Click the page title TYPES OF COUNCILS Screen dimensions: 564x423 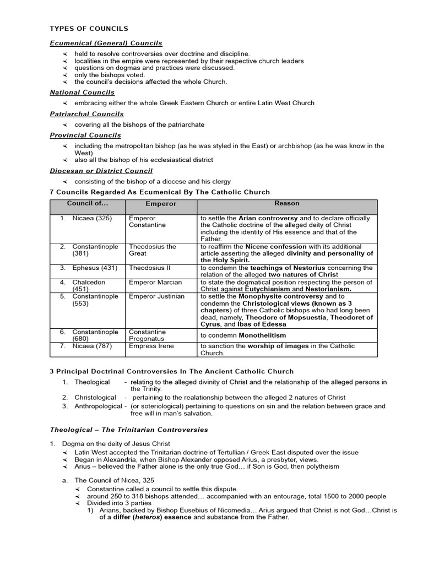point(89,29)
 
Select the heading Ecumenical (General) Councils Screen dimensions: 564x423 point(106,43)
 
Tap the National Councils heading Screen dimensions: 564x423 point(82,93)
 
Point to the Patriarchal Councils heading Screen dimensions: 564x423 point(86,114)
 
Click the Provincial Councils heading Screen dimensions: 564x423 point(85,135)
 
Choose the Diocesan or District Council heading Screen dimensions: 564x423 point(101,171)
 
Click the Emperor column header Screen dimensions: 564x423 point(161,204)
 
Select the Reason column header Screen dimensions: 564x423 point(287,203)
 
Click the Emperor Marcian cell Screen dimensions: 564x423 point(155,283)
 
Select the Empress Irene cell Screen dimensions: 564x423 point(151,346)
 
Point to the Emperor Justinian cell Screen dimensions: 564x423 point(156,296)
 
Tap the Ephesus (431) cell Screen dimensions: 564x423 point(92,268)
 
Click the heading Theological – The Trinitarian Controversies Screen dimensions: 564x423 point(129,430)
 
